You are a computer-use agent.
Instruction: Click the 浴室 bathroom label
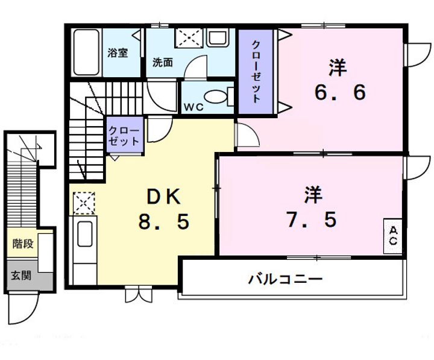[118, 52]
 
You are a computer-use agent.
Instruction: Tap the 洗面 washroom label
[162, 62]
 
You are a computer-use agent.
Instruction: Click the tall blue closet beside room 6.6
[256, 71]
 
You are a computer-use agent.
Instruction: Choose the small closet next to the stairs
[125, 136]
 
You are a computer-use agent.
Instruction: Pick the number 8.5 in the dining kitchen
[163, 222]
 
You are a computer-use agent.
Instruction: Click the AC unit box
[393, 236]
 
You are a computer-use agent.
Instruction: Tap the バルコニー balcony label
[285, 279]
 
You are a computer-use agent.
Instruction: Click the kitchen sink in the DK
[84, 232]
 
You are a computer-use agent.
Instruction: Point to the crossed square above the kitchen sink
[84, 202]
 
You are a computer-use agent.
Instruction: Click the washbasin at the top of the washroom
[216, 39]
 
